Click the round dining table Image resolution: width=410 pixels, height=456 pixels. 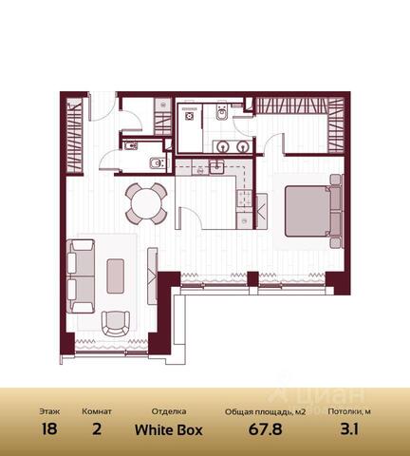pos(146,203)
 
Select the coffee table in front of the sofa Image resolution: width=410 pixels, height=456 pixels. pos(116,275)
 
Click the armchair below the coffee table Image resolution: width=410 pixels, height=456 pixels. pos(116,323)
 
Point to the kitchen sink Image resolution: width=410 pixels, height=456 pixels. pos(216,167)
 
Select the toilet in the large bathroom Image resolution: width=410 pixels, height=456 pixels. pos(221,112)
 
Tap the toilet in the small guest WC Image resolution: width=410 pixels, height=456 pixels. pos(157,162)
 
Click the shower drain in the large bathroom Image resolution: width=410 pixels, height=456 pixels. pos(189,116)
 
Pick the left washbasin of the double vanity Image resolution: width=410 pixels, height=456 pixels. pos(224,146)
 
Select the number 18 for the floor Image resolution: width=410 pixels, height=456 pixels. pos(49,429)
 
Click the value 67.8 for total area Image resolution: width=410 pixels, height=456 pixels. pos(265,429)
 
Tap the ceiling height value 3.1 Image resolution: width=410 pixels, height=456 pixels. pos(349,429)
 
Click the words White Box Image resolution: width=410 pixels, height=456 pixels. pos(169,429)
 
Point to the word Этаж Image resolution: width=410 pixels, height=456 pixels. pos(49,411)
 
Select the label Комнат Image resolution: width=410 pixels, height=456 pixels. pos(97,411)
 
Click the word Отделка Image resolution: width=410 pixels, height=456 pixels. pos(169,411)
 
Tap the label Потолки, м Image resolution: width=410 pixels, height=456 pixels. pos(349,411)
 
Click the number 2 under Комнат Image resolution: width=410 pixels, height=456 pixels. pos(97,429)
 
